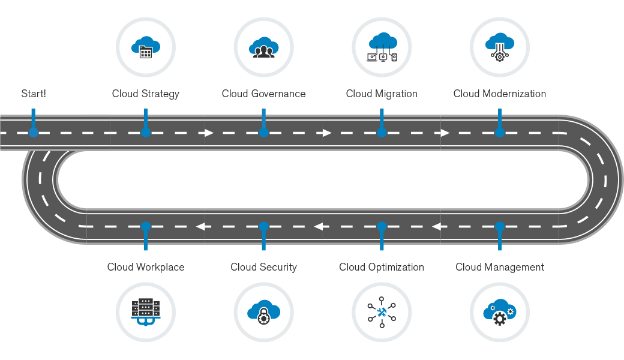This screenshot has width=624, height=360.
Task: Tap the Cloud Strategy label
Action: point(145,94)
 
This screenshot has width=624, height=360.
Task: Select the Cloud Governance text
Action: point(263,94)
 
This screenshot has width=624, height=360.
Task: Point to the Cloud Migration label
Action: point(382,94)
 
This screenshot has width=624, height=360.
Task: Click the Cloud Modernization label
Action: point(500,94)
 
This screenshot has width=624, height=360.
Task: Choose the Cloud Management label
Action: point(500,267)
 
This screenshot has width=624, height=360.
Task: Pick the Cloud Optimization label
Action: point(382,267)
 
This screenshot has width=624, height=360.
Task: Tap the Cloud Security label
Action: point(263,267)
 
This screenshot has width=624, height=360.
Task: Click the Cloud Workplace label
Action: point(146,267)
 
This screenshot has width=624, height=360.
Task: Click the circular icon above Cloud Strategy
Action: point(145,46)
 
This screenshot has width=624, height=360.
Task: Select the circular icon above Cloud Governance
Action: point(263,46)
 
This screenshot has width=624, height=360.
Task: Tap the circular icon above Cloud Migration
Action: point(382,46)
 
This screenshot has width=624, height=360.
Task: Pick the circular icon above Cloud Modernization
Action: point(500,46)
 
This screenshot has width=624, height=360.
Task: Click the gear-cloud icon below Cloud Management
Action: point(500,312)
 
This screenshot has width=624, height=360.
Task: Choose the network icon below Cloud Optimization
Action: point(382,312)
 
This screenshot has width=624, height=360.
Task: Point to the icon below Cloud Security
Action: point(263,312)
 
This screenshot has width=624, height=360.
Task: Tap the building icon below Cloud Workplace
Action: point(145,312)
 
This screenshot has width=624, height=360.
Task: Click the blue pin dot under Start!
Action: point(34,133)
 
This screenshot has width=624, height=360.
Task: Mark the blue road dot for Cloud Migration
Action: point(382,133)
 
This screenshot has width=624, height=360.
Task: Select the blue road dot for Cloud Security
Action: point(263,226)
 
